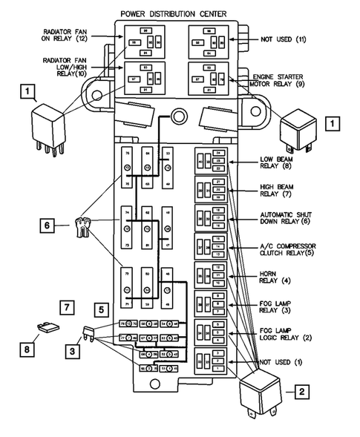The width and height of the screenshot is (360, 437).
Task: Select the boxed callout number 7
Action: (66, 306)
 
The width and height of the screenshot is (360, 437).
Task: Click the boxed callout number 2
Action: (301, 392)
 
